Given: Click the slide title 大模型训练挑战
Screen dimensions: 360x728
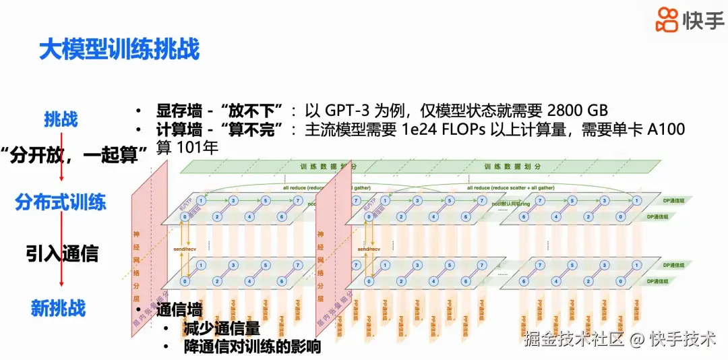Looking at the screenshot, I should [119, 50].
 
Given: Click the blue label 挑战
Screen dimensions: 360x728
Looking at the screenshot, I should [61, 119].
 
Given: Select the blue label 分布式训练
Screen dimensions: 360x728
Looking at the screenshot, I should [61, 202].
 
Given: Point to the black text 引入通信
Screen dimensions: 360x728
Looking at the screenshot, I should [62, 253].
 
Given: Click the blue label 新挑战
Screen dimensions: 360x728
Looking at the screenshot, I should [59, 308].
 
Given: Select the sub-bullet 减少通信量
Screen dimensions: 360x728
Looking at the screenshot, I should [220, 329].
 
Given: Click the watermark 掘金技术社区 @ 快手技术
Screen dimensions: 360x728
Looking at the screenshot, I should [619, 338].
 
